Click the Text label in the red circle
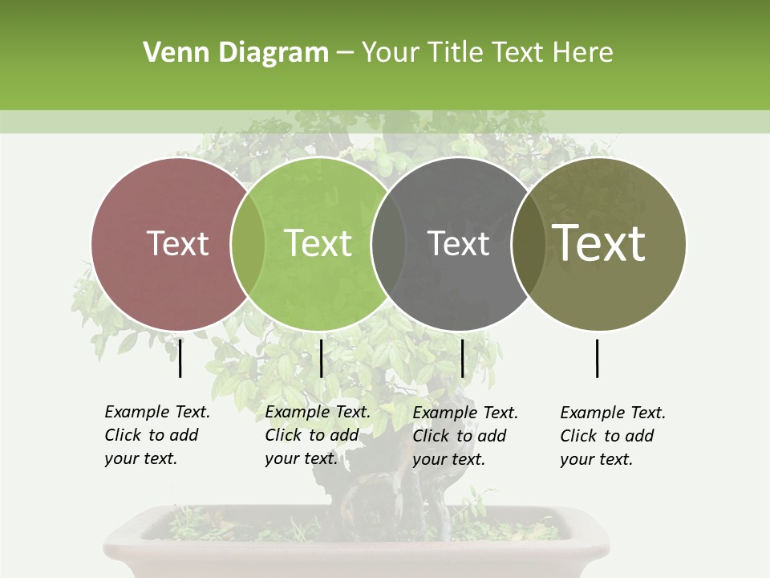(177, 243)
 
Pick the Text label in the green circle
(318, 243)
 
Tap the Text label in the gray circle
(458, 243)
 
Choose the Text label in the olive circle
(599, 243)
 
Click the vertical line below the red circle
(180, 358)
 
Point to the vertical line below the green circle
(321, 358)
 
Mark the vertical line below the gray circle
(462, 358)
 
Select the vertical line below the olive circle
(597, 358)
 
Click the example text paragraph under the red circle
(156, 435)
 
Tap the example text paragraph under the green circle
(318, 435)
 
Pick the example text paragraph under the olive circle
(613, 436)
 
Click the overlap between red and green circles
(248, 244)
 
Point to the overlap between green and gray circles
(388, 244)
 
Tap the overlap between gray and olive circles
(529, 244)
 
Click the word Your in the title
(391, 53)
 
